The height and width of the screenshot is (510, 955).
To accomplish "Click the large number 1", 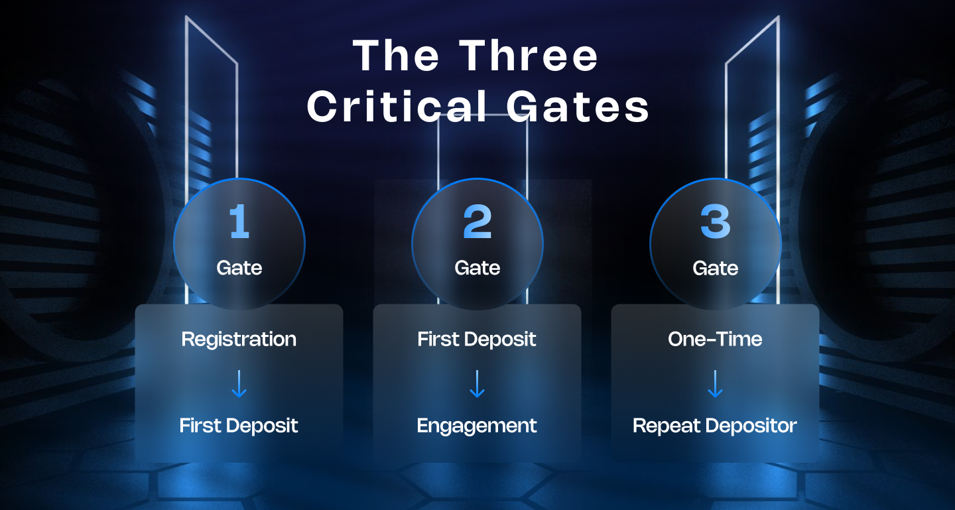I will (x=239, y=222).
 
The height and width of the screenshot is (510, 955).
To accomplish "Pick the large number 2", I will (x=477, y=222).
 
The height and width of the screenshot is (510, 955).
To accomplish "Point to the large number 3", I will (x=715, y=222).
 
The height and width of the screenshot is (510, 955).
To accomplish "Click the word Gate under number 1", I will (x=239, y=268).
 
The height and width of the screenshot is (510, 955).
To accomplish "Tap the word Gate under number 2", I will (x=477, y=268).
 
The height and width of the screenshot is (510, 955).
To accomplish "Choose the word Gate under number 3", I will (x=715, y=268).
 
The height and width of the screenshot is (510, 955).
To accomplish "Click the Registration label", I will (x=239, y=340).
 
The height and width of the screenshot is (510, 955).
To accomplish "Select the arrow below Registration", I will (x=239, y=384).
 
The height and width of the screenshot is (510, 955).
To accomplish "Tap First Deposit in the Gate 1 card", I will (x=239, y=426).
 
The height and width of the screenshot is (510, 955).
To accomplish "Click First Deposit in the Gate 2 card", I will (x=477, y=340).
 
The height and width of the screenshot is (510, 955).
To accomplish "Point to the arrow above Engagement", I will (x=477, y=384).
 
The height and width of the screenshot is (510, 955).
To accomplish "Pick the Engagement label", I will (x=477, y=426).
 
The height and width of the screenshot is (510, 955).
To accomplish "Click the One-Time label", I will (x=715, y=340).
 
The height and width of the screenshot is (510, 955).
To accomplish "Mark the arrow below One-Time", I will (x=715, y=384).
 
